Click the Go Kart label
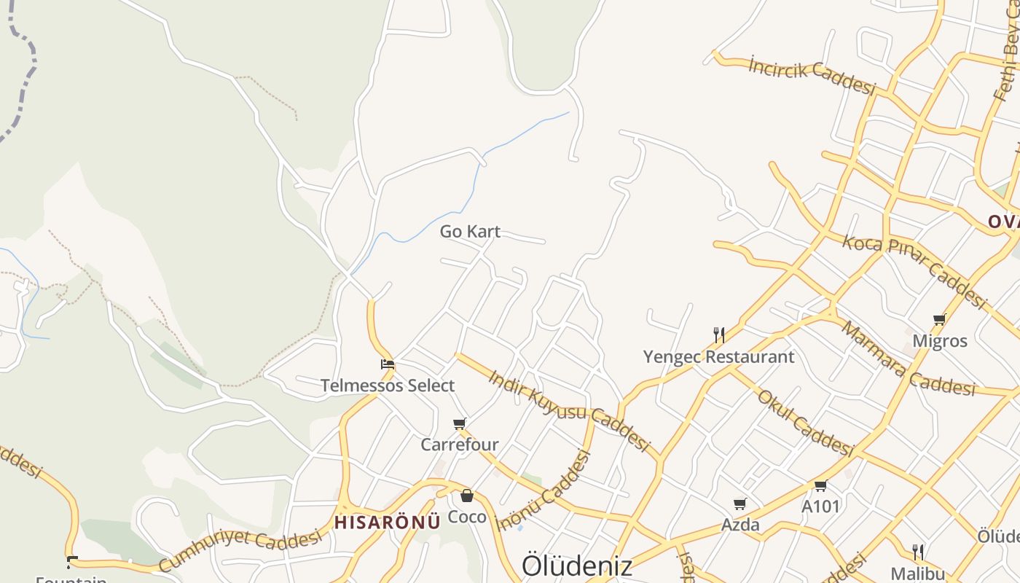(x=470, y=232)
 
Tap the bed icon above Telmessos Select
(x=388, y=364)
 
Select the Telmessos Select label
(x=388, y=386)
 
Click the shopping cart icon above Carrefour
(x=460, y=423)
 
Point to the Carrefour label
(x=460, y=444)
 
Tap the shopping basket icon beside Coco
(x=467, y=496)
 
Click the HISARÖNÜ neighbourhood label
(x=388, y=522)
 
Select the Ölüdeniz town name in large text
(x=577, y=566)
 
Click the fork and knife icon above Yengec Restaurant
(x=719, y=335)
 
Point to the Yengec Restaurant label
(x=718, y=357)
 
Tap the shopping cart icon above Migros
(x=940, y=319)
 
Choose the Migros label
(x=940, y=340)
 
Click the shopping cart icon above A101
(x=821, y=486)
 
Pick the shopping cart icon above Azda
(x=740, y=504)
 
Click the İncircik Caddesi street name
(x=812, y=76)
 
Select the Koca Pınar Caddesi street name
(x=914, y=270)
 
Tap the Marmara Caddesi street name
(x=907, y=359)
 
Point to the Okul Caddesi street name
(x=805, y=423)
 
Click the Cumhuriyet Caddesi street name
(x=240, y=549)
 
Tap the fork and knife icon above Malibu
(x=918, y=552)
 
